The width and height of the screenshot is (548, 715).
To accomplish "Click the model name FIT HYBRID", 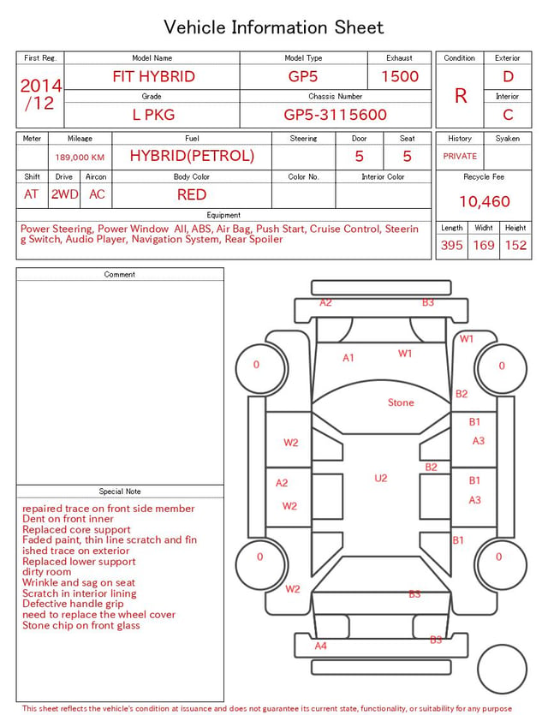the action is pyautogui.click(x=153, y=76).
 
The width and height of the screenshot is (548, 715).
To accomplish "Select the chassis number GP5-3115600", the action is pyautogui.click(x=335, y=115).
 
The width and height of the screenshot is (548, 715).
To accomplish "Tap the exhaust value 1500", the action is pyautogui.click(x=400, y=76).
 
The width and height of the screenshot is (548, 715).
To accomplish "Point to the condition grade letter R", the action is pyautogui.click(x=461, y=96).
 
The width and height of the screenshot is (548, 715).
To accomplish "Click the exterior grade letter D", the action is pyautogui.click(x=508, y=76).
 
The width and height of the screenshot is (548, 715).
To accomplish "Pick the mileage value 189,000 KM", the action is pyautogui.click(x=80, y=158).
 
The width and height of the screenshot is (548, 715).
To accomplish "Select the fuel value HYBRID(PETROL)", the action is pyautogui.click(x=192, y=156).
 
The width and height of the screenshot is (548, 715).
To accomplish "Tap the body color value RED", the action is pyautogui.click(x=192, y=194).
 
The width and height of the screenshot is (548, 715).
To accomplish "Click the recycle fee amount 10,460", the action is pyautogui.click(x=484, y=201).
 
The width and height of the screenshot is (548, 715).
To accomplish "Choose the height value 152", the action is pyautogui.click(x=515, y=245).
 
